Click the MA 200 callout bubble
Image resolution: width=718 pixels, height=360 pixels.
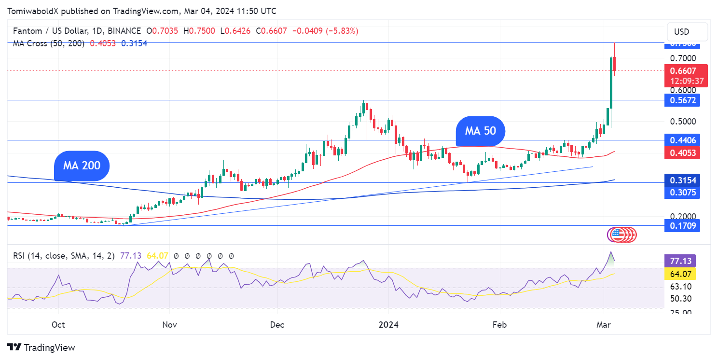[x=82, y=166]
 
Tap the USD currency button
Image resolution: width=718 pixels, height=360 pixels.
[x=681, y=32]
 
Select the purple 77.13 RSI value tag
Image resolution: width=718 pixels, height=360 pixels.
[x=680, y=261]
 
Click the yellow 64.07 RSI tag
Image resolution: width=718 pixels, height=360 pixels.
[x=680, y=274]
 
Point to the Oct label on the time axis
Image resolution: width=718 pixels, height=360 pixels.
[x=58, y=325]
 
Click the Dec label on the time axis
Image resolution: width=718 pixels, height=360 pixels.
[x=277, y=325]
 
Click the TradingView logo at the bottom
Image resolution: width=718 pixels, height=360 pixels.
[x=41, y=347]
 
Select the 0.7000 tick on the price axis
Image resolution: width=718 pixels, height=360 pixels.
[x=683, y=58]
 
